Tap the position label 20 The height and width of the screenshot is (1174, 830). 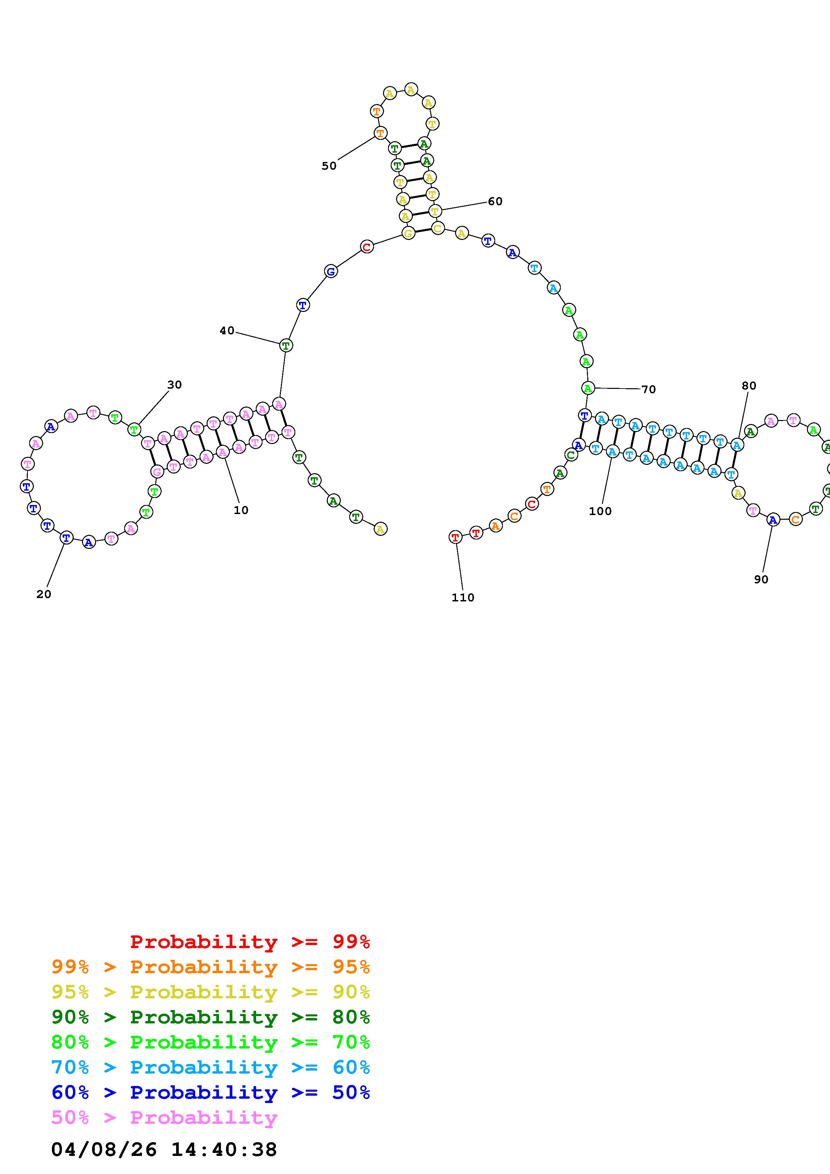(x=44, y=594)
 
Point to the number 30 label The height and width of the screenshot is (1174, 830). (x=174, y=385)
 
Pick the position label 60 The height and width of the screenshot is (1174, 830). (x=495, y=201)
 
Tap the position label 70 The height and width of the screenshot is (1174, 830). (x=649, y=390)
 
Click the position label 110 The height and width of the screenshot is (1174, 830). (x=463, y=598)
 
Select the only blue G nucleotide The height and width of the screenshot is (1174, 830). (x=331, y=271)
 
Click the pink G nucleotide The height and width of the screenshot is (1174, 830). (x=157, y=472)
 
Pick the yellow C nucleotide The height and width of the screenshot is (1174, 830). (x=437, y=228)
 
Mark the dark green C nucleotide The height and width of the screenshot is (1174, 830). (x=571, y=454)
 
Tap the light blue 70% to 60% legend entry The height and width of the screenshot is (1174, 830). (x=211, y=1067)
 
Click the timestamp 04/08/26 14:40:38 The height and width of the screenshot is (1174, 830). (x=164, y=1150)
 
